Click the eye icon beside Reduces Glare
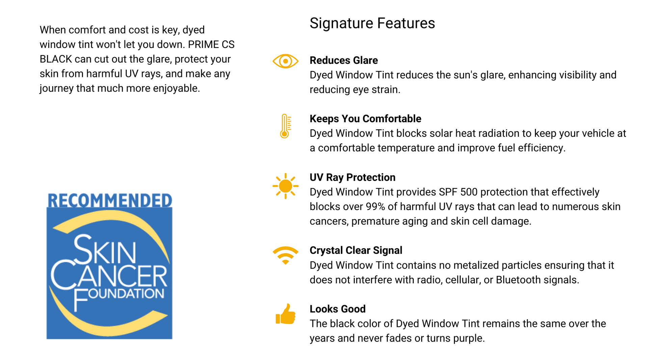tap(286, 61)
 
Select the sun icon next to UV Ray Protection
tap(286, 186)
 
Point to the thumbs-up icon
tap(286, 314)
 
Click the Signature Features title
tap(372, 23)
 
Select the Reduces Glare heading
tap(344, 60)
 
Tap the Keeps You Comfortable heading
tap(365, 119)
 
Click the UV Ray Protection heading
tap(352, 177)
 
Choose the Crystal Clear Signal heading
tap(356, 250)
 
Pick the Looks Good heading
tap(337, 309)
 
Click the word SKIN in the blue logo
tap(105, 250)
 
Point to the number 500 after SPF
tap(469, 192)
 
